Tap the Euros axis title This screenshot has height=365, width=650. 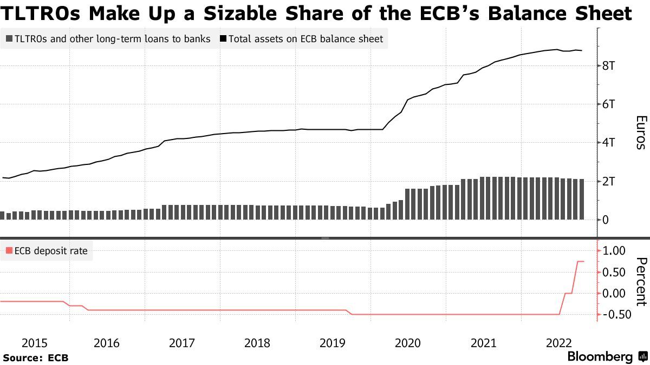point(641,132)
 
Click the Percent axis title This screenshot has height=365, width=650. point(641,282)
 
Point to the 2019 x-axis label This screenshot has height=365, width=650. point(333,343)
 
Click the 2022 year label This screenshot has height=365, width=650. point(559,343)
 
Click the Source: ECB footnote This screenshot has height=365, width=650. point(35,357)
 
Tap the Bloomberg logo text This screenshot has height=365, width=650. point(600,357)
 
